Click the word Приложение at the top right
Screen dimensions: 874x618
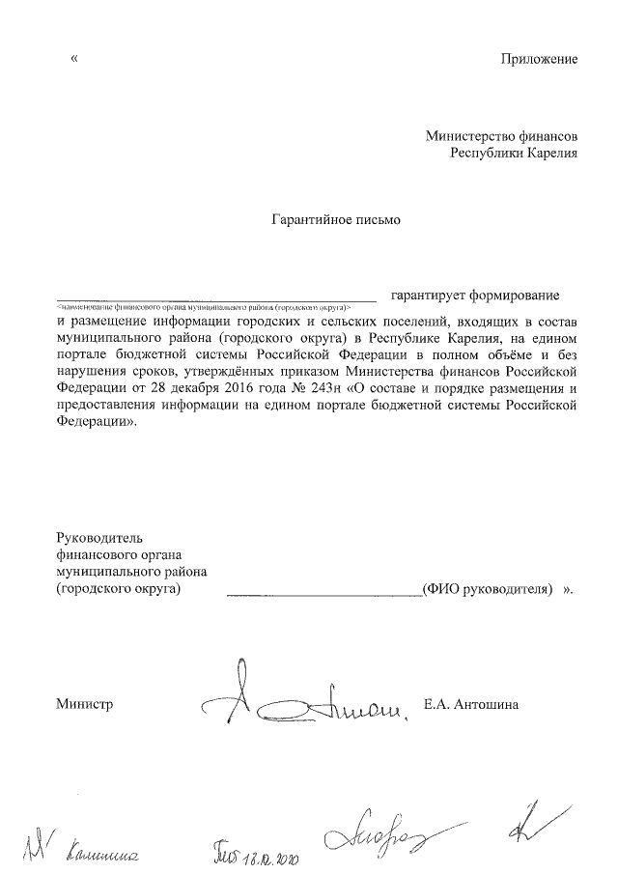539,59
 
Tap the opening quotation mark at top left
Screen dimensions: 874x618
74,59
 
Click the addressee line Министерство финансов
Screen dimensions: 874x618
502,136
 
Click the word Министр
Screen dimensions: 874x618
85,704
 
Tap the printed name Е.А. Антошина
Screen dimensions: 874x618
471,704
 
